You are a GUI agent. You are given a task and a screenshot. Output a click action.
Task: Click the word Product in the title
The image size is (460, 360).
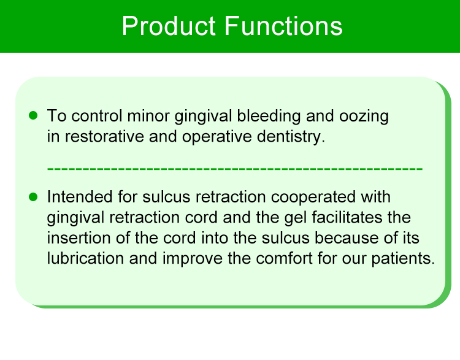pos(169,26)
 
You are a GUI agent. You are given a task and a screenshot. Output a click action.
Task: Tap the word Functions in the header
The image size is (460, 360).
pos(284,26)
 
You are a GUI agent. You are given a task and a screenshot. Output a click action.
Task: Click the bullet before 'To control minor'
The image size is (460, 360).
pos(33,115)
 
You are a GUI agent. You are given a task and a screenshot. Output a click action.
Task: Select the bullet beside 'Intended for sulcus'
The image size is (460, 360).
pos(33,197)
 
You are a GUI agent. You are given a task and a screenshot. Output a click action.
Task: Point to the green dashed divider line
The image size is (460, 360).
pos(235,169)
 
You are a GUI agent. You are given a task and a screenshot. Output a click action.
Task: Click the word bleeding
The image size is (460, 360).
pos(269,117)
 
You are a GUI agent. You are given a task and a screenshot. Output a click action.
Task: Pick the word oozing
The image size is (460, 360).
pos(364,117)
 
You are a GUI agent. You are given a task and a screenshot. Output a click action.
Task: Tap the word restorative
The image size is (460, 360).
pos(104,136)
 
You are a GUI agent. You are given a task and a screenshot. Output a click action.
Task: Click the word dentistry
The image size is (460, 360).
pos(291,137)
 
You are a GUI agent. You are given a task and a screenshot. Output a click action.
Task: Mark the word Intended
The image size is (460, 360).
pos(80,197)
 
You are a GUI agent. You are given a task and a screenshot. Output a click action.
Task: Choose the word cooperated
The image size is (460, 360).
pos(313,197)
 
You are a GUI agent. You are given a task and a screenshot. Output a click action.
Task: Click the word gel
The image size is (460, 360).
pos(296,218)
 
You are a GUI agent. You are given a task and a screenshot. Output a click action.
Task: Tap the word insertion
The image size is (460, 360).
pos(79,238)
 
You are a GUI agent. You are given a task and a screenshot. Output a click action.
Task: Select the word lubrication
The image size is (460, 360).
pos(85,258)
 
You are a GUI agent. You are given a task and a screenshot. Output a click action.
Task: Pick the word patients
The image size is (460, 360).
pos(403,259)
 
